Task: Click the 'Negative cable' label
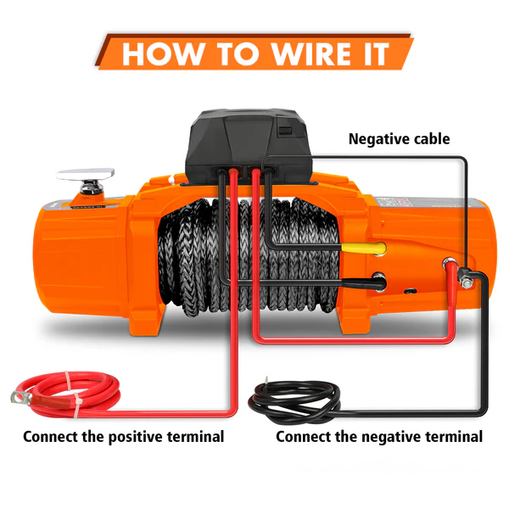click(x=399, y=138)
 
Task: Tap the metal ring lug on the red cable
click(x=19, y=394)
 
